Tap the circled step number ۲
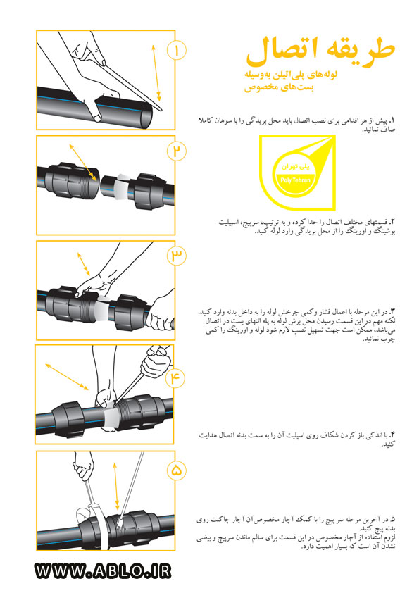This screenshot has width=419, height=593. click(x=177, y=151)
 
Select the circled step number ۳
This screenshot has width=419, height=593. click(x=177, y=256)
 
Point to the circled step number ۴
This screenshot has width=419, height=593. click(x=175, y=377)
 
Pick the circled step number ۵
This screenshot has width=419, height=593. click(x=177, y=470)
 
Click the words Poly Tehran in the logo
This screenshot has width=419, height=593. click(x=295, y=180)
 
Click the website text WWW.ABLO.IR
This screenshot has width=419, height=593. click(x=103, y=570)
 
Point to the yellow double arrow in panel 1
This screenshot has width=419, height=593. click(x=156, y=73)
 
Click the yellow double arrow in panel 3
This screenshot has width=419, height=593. click(x=84, y=264)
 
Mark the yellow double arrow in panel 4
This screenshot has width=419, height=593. click(x=67, y=376)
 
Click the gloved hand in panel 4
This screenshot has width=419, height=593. click(x=154, y=362)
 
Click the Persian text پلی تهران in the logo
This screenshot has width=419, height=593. click(x=295, y=166)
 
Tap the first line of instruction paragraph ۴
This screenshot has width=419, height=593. click(x=297, y=435)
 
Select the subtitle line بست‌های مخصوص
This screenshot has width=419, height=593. click(x=279, y=87)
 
